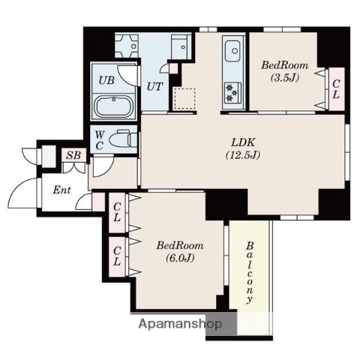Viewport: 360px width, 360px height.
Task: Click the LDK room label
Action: tap(243, 142)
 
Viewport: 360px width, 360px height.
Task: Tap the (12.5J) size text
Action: tap(243, 155)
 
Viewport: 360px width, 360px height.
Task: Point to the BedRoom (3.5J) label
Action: tap(285, 71)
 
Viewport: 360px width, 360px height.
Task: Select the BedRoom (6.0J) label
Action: tap(180, 251)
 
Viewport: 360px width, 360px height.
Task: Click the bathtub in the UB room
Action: tap(114, 106)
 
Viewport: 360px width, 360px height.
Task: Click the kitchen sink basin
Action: tap(232, 51)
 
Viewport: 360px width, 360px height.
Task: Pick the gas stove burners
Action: tap(232, 93)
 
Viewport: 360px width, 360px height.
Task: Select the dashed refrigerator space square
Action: tap(184, 98)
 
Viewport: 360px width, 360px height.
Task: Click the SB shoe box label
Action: tap(73, 155)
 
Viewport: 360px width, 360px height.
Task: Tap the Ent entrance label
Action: tap(61, 190)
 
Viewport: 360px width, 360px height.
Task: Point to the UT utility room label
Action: tap(154, 86)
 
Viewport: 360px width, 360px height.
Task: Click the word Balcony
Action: tap(250, 272)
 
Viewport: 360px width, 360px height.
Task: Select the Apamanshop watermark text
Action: tap(180, 324)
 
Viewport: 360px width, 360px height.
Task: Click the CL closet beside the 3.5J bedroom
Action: tap(337, 89)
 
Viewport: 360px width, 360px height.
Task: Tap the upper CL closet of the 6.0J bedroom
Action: tap(117, 212)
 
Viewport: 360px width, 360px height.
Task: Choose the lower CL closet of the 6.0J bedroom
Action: tap(117, 256)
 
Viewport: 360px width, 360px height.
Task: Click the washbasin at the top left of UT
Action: tap(127, 46)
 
